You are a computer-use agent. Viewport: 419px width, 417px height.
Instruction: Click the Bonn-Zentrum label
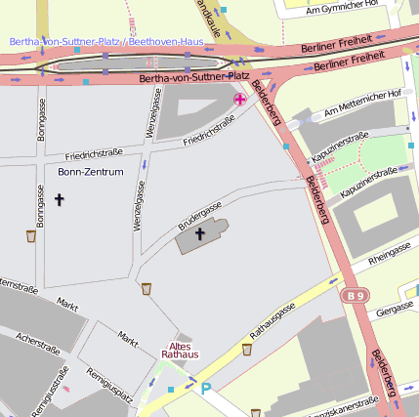coord(90,172)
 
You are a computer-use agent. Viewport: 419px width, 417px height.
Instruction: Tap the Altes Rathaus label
coord(180,351)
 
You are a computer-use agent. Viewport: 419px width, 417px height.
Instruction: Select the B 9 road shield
coord(355,293)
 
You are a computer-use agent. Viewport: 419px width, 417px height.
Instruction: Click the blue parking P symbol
coord(206,389)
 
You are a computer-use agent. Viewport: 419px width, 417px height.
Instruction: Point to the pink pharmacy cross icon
coord(239,100)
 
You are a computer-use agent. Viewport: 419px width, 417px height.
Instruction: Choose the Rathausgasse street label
coord(273,321)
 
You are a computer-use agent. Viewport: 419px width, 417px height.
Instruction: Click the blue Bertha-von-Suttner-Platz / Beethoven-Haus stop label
coord(105,42)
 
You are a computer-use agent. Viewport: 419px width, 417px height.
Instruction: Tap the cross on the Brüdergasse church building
coord(200,234)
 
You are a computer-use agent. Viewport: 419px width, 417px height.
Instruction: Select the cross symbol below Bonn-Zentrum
coord(59,199)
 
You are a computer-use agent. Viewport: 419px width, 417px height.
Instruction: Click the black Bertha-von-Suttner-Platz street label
coord(193,76)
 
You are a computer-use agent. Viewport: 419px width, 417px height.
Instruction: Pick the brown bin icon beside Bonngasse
coord(31,235)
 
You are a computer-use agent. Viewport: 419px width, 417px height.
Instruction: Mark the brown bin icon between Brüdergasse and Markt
coord(147,288)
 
